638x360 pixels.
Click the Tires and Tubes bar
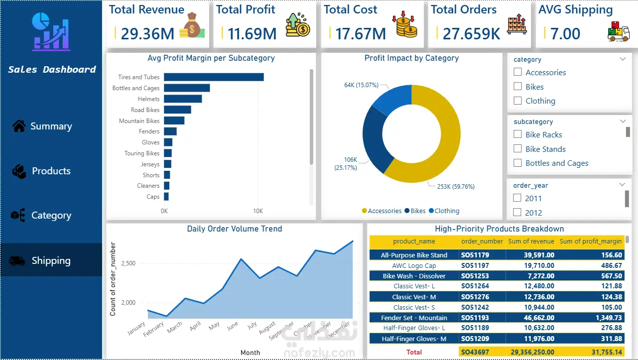tap(214, 77)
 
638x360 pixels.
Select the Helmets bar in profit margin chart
tap(183, 99)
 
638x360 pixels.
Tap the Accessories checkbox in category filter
tap(517, 73)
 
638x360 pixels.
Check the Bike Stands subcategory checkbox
tap(517, 149)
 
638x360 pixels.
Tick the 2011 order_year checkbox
tap(517, 198)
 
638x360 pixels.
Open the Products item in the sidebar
tap(51, 171)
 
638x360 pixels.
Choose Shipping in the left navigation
tap(51, 261)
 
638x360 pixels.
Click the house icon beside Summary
tap(19, 126)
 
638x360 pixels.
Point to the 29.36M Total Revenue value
tap(147, 34)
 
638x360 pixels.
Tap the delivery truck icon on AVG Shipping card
tap(618, 31)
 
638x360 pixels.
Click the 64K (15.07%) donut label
tap(361, 85)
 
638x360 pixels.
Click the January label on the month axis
tap(137, 329)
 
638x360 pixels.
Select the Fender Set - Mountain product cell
tap(414, 318)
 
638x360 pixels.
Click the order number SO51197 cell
tap(475, 266)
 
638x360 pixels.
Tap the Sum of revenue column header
tap(531, 241)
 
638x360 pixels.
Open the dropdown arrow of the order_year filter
tap(622, 185)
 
